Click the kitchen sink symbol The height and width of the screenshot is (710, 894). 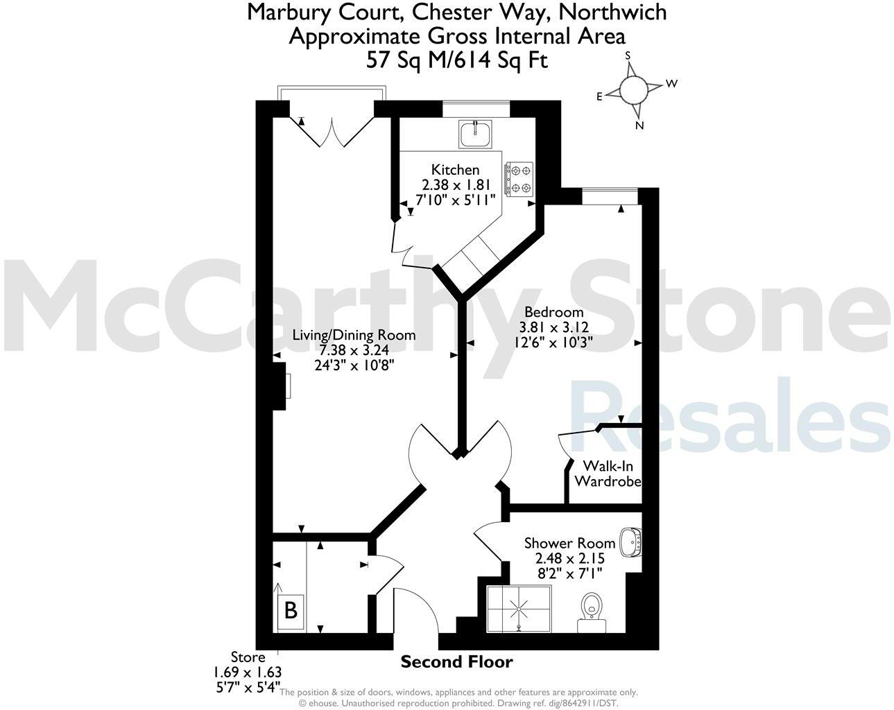point(475,133)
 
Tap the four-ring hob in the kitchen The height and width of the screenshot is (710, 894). point(519,178)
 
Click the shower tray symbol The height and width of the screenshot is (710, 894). point(519,609)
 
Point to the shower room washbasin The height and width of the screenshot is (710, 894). point(630,542)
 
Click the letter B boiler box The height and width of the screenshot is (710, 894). point(291,610)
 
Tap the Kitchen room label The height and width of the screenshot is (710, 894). point(455,170)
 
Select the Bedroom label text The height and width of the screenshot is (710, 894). point(553,312)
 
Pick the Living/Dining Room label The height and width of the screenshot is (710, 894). point(354,335)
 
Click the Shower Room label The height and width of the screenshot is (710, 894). point(569,543)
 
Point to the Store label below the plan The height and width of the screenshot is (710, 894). point(248,657)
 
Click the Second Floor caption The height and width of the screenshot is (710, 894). point(456,661)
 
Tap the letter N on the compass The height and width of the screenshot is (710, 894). point(639,125)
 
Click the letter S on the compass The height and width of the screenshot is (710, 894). point(628,55)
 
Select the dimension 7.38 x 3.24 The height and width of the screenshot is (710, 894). point(354,350)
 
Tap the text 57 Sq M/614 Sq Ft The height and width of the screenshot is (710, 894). point(457,60)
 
